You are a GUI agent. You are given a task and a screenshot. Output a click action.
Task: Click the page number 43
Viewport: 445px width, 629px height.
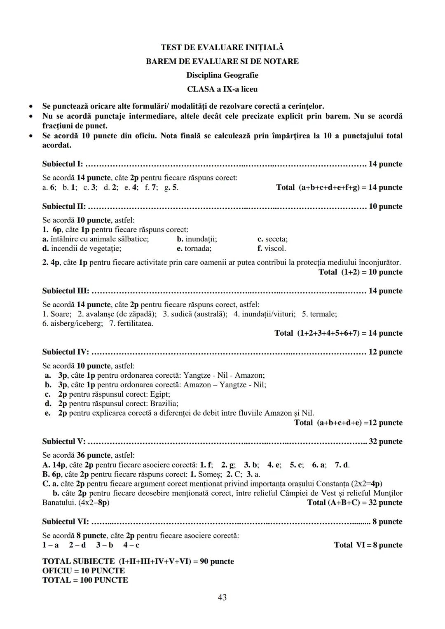click(222, 597)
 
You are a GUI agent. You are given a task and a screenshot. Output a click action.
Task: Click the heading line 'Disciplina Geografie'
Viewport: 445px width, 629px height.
click(222, 75)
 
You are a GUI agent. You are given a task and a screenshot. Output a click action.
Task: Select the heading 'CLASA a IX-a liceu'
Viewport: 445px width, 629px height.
click(222, 89)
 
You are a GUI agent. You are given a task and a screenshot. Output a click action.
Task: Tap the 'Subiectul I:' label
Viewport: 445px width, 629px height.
click(62, 164)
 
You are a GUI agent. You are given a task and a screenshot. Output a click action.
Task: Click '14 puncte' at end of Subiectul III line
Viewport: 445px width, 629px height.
click(385, 291)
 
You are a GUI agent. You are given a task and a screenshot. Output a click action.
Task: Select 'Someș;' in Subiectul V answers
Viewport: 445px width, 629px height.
click(210, 474)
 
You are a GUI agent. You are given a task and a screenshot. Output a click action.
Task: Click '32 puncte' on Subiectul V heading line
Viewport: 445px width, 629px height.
click(385, 442)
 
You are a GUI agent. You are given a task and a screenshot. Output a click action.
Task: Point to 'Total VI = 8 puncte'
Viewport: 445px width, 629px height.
click(368, 545)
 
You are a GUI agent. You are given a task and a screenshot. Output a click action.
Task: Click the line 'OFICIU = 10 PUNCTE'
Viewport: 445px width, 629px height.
click(84, 571)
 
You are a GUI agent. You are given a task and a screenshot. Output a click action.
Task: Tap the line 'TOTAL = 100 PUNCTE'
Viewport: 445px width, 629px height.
click(85, 580)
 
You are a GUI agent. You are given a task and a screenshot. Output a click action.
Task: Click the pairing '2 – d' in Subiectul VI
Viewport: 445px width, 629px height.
click(77, 545)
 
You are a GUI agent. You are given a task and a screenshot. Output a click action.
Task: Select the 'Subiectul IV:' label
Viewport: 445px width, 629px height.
click(66, 352)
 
